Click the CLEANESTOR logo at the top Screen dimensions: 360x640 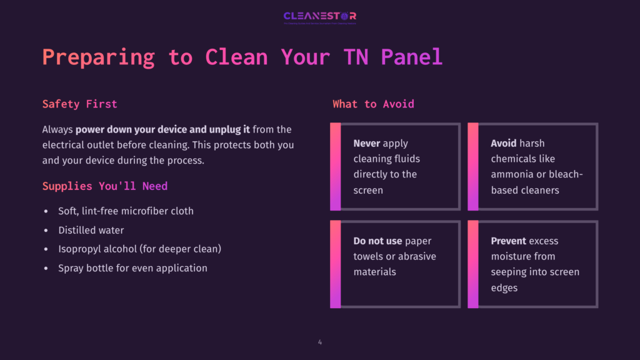click(319, 17)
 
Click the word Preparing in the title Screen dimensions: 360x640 click(98, 57)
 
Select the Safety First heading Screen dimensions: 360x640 click(79, 104)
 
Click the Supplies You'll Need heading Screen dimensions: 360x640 click(104, 186)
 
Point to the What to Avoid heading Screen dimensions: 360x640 click(373, 104)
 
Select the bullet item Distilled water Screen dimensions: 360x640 click(91, 230)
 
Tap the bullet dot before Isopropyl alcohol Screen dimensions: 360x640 click(46, 249)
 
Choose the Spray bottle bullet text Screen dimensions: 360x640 click(132, 268)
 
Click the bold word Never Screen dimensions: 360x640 click(367, 143)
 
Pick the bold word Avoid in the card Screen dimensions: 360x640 click(504, 143)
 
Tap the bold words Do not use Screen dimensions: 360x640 click(377, 241)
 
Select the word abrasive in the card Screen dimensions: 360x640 click(417, 256)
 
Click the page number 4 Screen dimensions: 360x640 click(320, 342)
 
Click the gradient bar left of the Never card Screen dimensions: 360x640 click(335, 166)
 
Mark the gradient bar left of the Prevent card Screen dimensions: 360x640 click(472, 264)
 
